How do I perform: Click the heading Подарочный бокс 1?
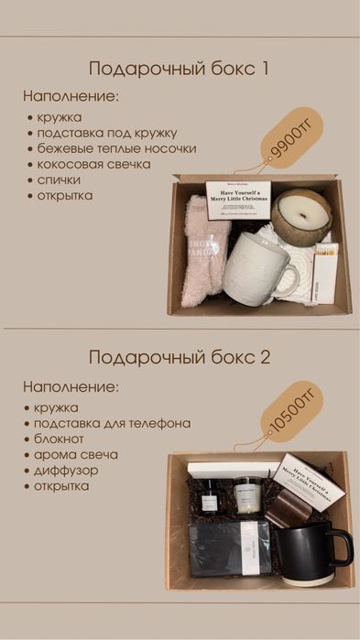179,69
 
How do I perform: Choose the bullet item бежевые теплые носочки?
115,148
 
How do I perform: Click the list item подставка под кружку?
105,133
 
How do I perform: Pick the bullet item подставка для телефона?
112,423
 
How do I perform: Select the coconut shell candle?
305,214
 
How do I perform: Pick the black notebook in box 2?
229,548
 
